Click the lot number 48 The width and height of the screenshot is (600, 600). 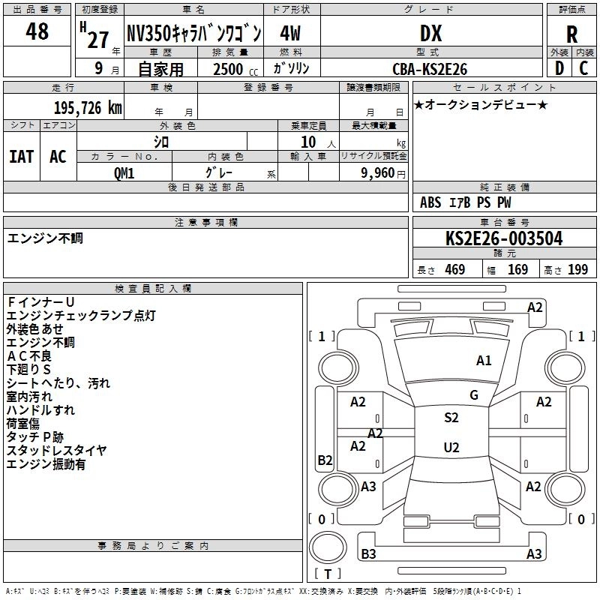(x=37, y=31)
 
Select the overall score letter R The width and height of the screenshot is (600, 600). (x=572, y=34)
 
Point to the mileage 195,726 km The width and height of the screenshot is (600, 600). (x=88, y=108)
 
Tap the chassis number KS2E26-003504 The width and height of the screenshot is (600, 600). (x=503, y=238)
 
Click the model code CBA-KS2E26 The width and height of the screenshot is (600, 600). (x=430, y=69)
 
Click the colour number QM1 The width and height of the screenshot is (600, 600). (x=124, y=172)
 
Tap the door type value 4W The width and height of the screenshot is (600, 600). (x=291, y=34)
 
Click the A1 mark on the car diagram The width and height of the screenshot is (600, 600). (x=484, y=361)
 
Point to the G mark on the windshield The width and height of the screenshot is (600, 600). (x=474, y=394)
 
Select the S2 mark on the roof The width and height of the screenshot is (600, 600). (x=451, y=418)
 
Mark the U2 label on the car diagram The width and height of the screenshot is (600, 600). (x=451, y=448)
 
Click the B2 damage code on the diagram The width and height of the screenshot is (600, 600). (x=325, y=460)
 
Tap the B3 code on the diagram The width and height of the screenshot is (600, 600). (x=368, y=554)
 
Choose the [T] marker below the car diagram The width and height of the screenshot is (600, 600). (x=327, y=574)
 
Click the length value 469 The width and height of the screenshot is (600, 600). (x=454, y=270)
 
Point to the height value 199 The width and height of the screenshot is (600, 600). (x=577, y=270)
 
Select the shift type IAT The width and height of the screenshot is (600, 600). (x=21, y=157)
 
